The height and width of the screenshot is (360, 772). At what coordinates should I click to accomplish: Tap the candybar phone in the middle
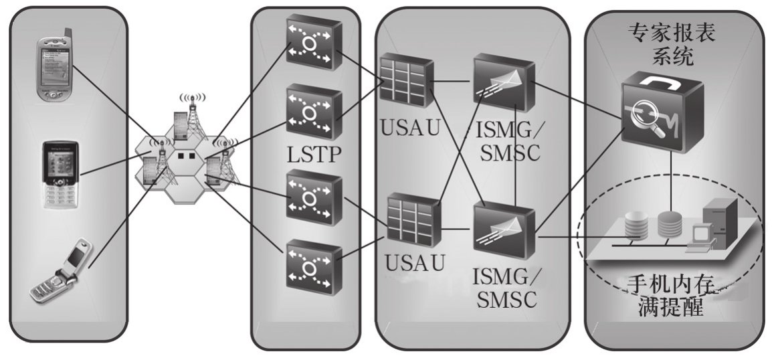pos(62,174)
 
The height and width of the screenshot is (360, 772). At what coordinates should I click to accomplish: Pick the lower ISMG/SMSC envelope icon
pos(503,230)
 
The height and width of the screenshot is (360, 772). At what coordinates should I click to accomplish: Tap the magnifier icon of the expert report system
pos(659,114)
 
